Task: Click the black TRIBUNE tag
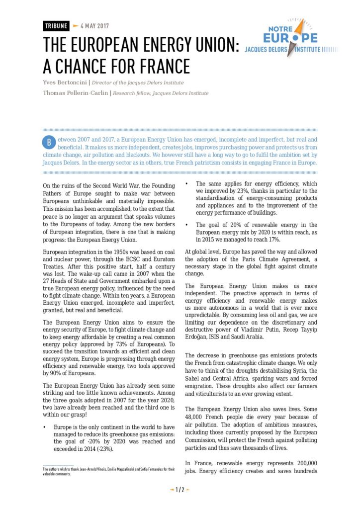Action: (55, 26)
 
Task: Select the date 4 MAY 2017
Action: (94, 26)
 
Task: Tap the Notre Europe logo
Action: (288, 37)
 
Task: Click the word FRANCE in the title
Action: (160, 66)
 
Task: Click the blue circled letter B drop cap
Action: (49, 141)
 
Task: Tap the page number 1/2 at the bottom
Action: (180, 490)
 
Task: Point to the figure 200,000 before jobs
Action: (300, 461)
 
